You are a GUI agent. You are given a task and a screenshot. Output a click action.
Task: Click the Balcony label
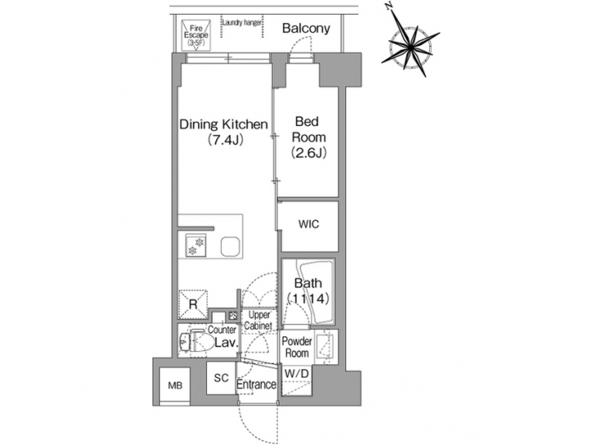[x=305, y=29]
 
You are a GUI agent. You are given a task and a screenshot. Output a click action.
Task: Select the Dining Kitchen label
[x=224, y=125]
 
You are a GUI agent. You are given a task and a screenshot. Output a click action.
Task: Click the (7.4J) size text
[x=224, y=141]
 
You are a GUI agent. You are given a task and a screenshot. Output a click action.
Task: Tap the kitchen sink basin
[x=230, y=246]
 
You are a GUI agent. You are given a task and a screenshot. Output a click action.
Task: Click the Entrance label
[x=256, y=385]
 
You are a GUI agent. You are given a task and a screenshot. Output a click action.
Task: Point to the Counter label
[x=223, y=330]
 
